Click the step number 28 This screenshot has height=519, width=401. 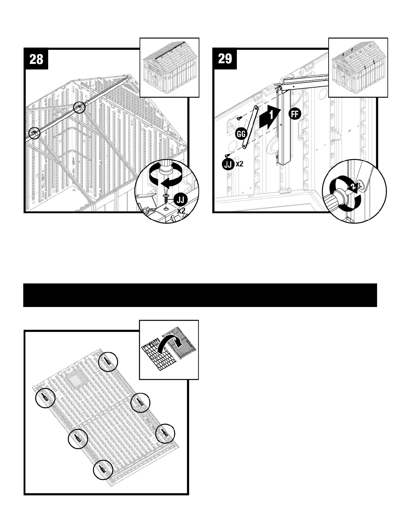[36, 59]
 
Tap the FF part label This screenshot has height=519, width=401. [295, 114]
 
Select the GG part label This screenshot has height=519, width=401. [241, 134]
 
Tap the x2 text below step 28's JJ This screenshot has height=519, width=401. [181, 211]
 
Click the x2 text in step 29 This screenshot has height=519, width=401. [239, 164]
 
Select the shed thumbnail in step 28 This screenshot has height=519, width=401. [169, 67]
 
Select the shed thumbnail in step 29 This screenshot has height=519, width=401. [358, 67]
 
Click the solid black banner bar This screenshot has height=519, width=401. [200, 295]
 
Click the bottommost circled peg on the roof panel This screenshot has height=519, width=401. [103, 470]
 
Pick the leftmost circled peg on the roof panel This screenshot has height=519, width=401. [45, 398]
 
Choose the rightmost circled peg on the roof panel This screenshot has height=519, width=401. [165, 434]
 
